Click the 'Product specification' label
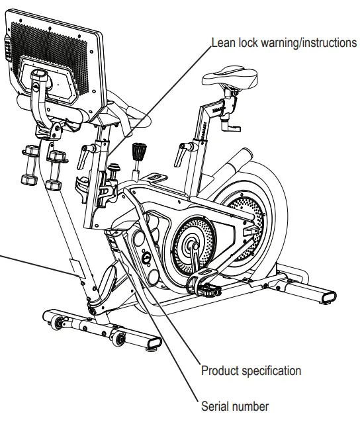pyautogui.click(x=251, y=371)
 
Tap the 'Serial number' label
pyautogui.click(x=236, y=405)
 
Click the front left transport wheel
pyautogui.click(x=56, y=323)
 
